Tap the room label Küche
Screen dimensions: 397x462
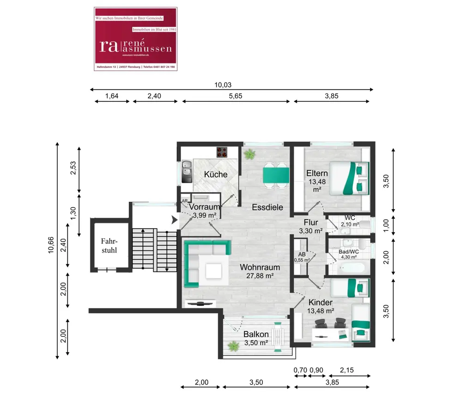215,174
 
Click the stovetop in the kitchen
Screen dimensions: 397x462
222,152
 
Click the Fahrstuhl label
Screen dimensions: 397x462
109,246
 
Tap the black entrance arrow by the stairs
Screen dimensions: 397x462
175,221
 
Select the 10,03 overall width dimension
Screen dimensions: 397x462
223,84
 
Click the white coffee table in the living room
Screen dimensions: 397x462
213,271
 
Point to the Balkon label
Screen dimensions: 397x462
256,334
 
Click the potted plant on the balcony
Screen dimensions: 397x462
234,345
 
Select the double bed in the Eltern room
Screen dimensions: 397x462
351,179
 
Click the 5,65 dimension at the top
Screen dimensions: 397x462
235,96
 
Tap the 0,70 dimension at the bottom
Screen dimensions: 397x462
300,370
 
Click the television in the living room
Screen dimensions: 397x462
199,304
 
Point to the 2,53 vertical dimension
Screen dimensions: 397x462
73,170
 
